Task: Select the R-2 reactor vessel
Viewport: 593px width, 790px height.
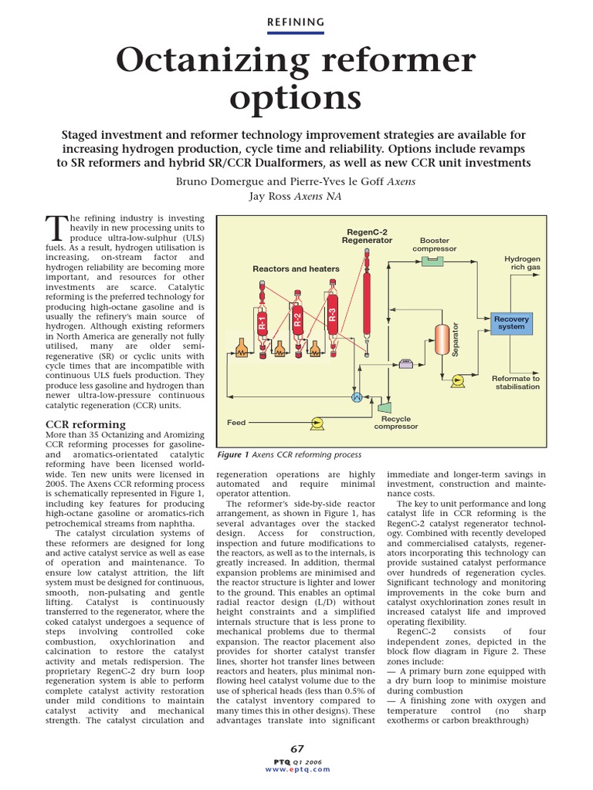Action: click(x=298, y=319)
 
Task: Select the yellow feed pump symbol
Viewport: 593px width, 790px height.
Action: click(x=315, y=422)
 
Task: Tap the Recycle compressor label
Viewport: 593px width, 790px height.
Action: click(x=396, y=422)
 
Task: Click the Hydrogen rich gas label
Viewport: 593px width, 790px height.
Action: click(x=523, y=263)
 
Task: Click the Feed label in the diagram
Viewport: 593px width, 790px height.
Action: click(x=236, y=423)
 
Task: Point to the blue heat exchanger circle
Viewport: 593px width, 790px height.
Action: click(x=357, y=397)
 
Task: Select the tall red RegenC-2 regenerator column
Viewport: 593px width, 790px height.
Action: click(x=367, y=294)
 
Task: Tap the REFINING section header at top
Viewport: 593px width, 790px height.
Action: click(x=296, y=22)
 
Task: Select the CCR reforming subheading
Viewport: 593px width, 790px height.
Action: click(x=86, y=424)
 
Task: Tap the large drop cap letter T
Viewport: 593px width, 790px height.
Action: click(x=58, y=229)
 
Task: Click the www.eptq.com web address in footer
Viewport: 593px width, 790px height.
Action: click(x=296, y=769)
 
